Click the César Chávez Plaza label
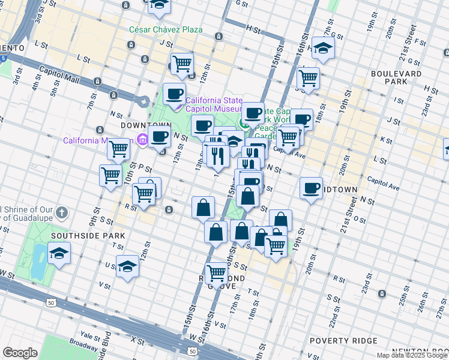pyautogui.click(x=165, y=29)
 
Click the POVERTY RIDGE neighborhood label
pyautogui.click(x=334, y=341)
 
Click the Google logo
pyautogui.click(x=20, y=353)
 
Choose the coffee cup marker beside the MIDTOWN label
pyautogui.click(x=311, y=188)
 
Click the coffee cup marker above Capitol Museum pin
pyautogui.click(x=175, y=94)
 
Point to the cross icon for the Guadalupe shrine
pyautogui.click(x=63, y=213)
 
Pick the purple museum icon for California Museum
pyautogui.click(x=142, y=140)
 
